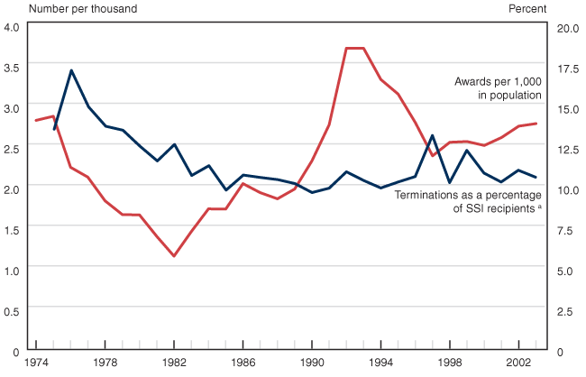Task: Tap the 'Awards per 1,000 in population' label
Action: pos(497,87)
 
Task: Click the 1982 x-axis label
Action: pos(174,363)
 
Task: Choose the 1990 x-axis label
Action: pos(312,363)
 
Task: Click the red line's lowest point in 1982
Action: pos(174,256)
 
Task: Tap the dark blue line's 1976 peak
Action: pos(71,69)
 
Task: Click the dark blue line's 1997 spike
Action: pos(433,135)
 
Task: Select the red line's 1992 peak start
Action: pos(346,48)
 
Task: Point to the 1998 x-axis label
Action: pos(450,363)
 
